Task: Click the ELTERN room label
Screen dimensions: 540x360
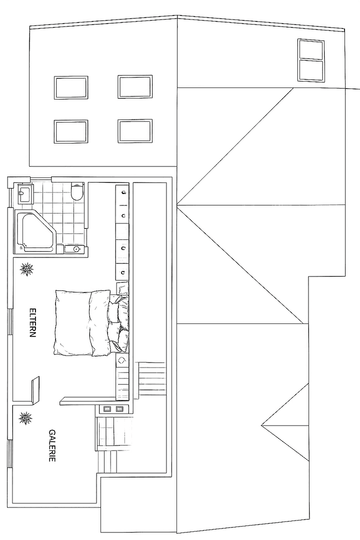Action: [32, 322]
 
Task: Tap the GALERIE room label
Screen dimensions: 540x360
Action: [52, 445]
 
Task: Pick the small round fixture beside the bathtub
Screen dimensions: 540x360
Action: [76, 248]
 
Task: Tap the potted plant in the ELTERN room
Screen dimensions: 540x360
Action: [26, 269]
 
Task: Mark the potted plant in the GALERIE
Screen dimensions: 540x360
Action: [25, 418]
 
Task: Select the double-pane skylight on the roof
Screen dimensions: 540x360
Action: [310, 60]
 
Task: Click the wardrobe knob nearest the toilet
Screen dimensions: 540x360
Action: [123, 192]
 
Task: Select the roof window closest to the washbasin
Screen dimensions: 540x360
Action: [70, 131]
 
